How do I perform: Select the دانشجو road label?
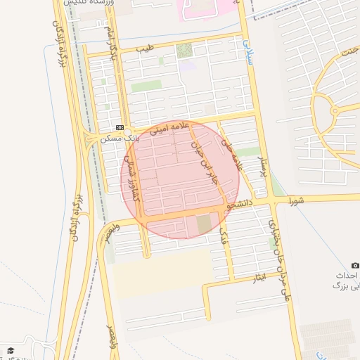[239, 205]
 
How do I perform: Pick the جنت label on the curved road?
[349, 53]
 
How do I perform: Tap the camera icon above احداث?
[355, 265]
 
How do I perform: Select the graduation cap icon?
[10, 349]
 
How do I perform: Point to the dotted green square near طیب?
[184, 51]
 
